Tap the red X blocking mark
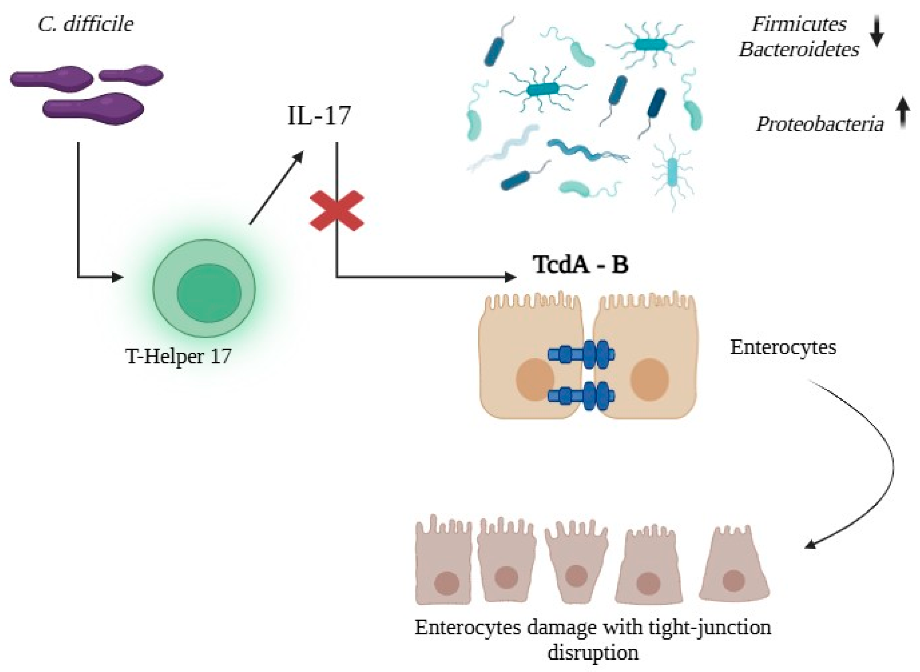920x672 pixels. pos(337,211)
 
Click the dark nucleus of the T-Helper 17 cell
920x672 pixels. pos(209,293)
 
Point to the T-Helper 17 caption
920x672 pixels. pos(179,356)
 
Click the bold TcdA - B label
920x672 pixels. pos(581,265)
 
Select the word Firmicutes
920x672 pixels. pos(799,24)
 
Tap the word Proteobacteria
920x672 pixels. pos(819,124)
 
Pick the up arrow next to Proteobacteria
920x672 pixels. pos(902,112)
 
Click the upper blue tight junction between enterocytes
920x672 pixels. pos(581,354)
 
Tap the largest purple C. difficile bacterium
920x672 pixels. pos(94,109)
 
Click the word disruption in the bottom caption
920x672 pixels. pos(593,653)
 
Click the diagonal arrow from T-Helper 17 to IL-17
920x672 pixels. pos(277,187)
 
